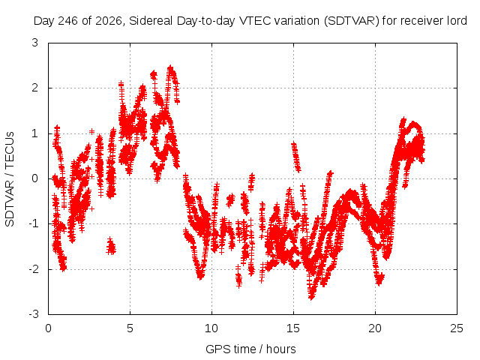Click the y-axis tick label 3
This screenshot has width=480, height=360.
pyautogui.click(x=34, y=43)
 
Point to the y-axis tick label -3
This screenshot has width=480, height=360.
pyautogui.click(x=33, y=314)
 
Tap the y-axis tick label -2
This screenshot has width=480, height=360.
pyautogui.click(x=33, y=269)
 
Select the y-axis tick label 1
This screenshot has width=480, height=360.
pyautogui.click(x=35, y=133)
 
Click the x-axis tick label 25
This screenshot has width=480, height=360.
pyautogui.click(x=457, y=328)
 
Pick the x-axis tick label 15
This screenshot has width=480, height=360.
pyautogui.click(x=293, y=328)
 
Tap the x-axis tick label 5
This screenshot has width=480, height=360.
pyautogui.click(x=130, y=328)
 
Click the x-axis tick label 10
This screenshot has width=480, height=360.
pyautogui.click(x=211, y=328)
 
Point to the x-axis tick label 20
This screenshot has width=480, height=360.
pyautogui.click(x=375, y=328)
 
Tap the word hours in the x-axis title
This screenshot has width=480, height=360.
pyautogui.click(x=281, y=349)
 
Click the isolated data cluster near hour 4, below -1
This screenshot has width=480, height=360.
pyautogui.click(x=111, y=246)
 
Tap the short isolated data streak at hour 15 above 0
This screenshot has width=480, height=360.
pyautogui.click(x=295, y=157)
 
